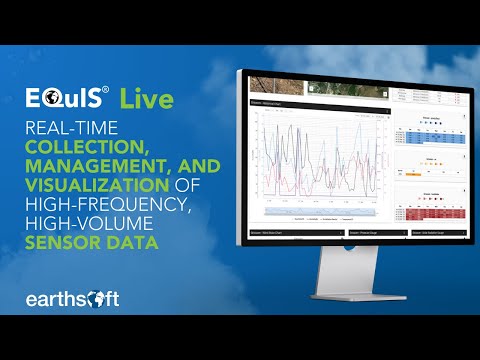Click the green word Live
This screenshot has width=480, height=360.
click(x=145, y=98)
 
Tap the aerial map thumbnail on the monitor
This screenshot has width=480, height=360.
click(x=272, y=89)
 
